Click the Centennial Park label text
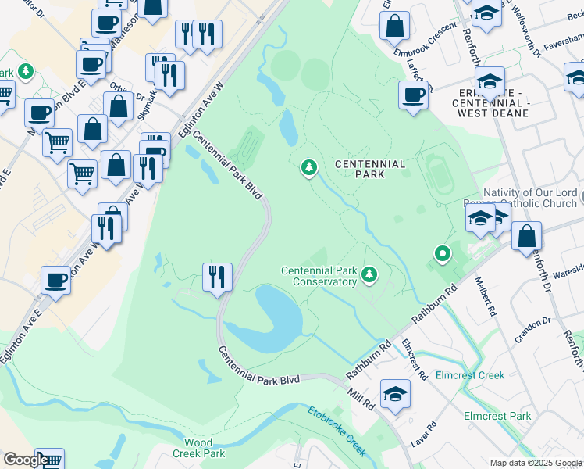click(370, 169)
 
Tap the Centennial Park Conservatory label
click(319, 276)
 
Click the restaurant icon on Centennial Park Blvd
click(216, 277)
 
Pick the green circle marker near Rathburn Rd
click(442, 254)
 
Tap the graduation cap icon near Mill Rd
click(396, 393)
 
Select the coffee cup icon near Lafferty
click(413, 95)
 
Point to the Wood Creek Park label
click(198, 448)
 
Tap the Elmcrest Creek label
click(470, 375)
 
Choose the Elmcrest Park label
click(497, 417)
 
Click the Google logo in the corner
click(25, 460)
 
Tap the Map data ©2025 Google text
click(536, 463)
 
